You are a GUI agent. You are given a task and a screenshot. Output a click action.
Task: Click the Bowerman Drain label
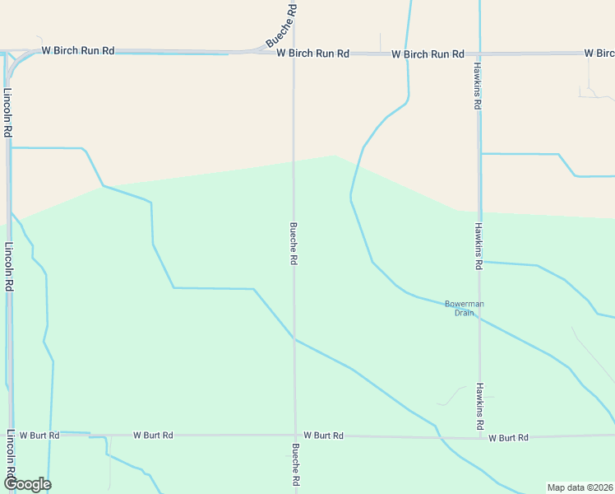click(x=465, y=308)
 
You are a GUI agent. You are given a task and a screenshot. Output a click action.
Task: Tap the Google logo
click(x=26, y=484)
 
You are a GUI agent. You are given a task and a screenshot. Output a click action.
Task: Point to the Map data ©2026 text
click(x=580, y=487)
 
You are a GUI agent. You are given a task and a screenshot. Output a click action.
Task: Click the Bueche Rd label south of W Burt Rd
click(x=295, y=467)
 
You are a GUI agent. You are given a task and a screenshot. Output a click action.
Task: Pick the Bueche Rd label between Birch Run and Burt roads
click(x=293, y=243)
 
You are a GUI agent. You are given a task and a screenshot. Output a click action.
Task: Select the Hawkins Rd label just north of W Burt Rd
click(x=479, y=407)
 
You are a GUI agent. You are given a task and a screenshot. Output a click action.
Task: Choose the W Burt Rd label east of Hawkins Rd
click(x=508, y=438)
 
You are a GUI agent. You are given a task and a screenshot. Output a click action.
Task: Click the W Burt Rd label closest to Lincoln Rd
click(x=39, y=435)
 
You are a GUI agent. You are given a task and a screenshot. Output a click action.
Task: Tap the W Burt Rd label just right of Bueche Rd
click(x=323, y=435)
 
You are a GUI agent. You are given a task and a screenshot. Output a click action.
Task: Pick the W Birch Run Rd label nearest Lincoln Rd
click(x=79, y=50)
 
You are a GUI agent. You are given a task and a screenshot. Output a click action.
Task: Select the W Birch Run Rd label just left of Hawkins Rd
click(x=428, y=54)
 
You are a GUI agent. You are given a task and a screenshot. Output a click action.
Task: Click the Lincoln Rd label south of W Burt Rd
click(x=11, y=456)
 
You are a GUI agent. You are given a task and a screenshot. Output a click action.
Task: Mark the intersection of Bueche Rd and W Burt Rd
click(x=295, y=436)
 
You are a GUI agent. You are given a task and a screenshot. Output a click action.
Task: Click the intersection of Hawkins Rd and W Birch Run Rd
click(x=479, y=54)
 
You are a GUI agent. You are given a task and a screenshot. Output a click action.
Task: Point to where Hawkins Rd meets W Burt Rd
click(x=480, y=437)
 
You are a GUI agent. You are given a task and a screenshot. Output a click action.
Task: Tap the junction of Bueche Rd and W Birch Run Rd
click(x=294, y=53)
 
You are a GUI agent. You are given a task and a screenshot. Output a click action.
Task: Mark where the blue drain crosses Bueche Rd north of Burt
click(x=294, y=339)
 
